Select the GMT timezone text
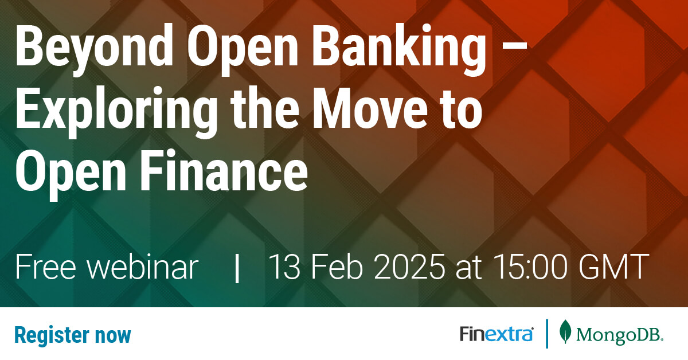tap(620, 268)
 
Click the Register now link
tap(73, 335)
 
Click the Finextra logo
tap(497, 334)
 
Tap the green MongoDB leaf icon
tap(565, 333)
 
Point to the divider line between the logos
tap(546, 334)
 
